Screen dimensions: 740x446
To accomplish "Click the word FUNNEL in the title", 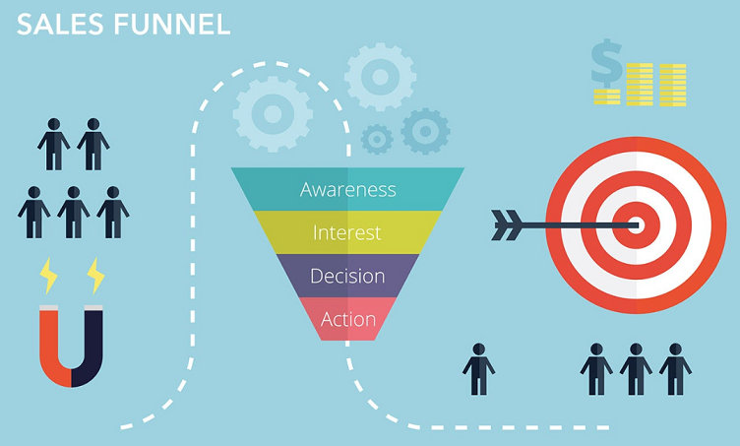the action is coord(166,25).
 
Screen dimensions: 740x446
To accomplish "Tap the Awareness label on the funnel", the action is coord(348,189).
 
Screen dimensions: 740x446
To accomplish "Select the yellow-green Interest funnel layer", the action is coord(348,232).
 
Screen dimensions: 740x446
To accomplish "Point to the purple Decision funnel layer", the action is coord(347,276).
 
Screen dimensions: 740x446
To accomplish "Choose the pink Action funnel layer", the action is coord(348,319).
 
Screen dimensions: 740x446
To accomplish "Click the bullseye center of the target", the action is coord(636,225).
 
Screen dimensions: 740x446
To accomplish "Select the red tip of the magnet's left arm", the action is coord(50,315).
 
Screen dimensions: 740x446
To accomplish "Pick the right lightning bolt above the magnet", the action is coord(95,275).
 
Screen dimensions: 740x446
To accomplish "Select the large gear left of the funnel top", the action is coord(273,113).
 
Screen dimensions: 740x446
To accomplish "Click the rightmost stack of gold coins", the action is coord(672,84).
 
